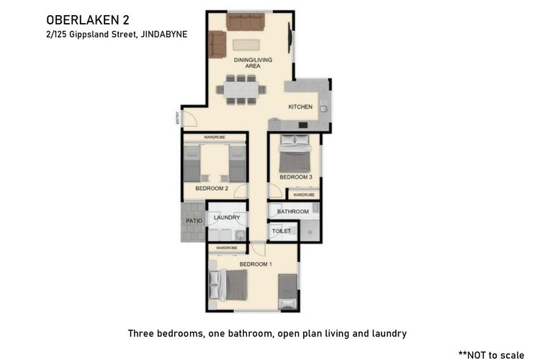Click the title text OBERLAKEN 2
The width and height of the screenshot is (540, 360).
pos(81,19)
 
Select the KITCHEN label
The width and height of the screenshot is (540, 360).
pos(300,107)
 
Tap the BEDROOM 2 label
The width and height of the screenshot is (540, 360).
pos(212,189)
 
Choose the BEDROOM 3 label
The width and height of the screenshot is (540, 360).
pos(296,177)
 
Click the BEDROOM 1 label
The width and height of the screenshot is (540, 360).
pos(256,264)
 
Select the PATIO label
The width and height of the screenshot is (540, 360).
pos(194,221)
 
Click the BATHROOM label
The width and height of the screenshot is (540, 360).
pos(293,212)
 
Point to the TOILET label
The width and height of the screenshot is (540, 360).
pos(281,231)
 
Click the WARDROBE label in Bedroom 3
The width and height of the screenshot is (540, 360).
pos(303,194)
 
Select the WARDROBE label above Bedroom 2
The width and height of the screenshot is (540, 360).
pos(215,136)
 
